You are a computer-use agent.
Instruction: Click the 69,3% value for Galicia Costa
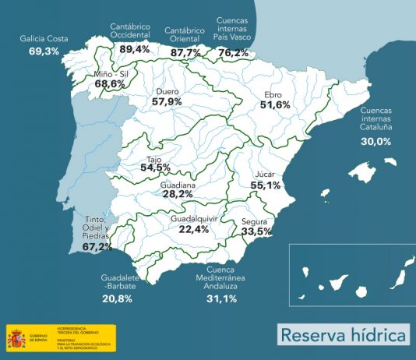[x=44, y=51]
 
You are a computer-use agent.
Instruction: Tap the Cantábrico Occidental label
[x=130, y=31]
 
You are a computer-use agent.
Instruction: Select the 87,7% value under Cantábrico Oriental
[x=185, y=52]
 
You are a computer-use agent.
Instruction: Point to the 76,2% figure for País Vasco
[x=233, y=53]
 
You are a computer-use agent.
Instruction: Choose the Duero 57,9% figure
[x=167, y=102]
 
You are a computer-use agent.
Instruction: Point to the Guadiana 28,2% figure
[x=177, y=195]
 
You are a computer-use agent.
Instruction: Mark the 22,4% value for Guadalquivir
[x=194, y=229]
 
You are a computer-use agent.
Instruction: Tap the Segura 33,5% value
[x=256, y=231]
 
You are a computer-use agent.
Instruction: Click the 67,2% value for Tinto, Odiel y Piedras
[x=97, y=247]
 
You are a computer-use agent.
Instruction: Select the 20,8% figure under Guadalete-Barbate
[x=117, y=298]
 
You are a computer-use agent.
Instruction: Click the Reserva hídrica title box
[x=344, y=336]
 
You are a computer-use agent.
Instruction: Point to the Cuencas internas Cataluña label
[x=376, y=119]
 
